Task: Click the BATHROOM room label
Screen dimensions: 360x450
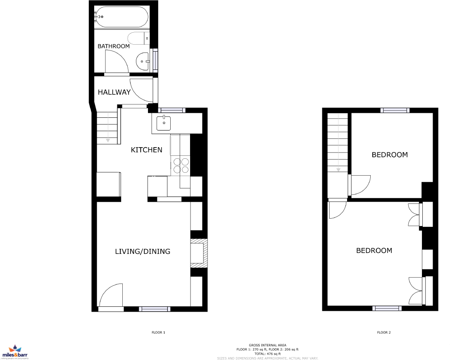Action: pos(113,46)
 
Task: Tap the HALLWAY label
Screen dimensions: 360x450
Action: pos(114,92)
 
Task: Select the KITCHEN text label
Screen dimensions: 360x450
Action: pos(146,150)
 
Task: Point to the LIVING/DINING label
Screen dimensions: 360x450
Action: pos(143,251)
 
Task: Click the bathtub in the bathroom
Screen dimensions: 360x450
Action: pos(121,17)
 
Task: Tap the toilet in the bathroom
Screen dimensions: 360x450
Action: pos(138,38)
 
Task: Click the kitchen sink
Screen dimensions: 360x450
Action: pos(164,123)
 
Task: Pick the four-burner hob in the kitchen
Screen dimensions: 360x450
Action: pos(181,165)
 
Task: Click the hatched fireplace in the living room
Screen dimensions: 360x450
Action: pos(199,253)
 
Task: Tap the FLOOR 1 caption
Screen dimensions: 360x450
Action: pos(158,332)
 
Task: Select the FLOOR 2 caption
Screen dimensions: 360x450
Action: pos(383,332)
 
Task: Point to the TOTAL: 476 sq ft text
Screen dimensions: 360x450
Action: pos(267,354)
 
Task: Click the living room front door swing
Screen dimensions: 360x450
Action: pos(111,295)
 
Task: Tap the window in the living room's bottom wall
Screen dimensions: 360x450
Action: pos(155,309)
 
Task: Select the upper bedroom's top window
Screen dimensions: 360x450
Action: pos(395,110)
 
